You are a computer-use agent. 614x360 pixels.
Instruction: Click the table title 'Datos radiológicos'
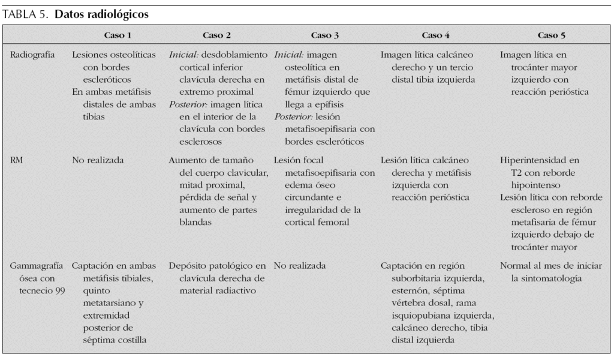pos(101,15)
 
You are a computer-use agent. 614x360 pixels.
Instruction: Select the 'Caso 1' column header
pos(118,35)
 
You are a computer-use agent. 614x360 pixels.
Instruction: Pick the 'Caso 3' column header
pos(324,35)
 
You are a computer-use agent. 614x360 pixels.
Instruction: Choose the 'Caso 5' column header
pos(551,35)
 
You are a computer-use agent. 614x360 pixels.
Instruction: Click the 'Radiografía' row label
pos(33,55)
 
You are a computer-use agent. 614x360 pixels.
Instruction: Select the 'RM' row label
pos(17,161)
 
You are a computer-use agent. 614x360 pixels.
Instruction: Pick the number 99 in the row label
pos(59,291)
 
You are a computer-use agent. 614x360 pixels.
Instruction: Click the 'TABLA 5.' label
pos(26,15)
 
